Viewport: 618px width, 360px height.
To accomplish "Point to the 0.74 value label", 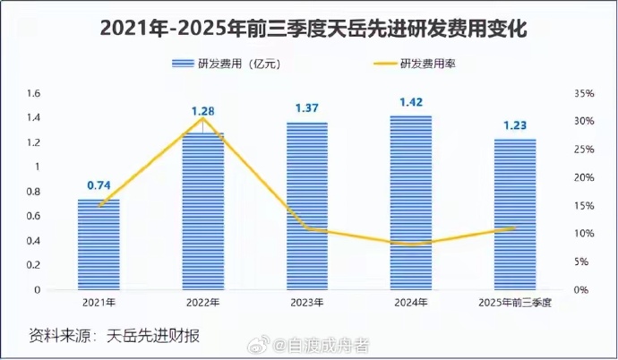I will (x=99, y=185).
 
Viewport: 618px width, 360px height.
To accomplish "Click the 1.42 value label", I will (x=411, y=102).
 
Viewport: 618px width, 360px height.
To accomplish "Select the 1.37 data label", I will (x=307, y=108).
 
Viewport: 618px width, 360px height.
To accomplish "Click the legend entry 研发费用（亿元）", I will (x=229, y=64).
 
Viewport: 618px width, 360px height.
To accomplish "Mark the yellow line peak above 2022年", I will (x=203, y=118).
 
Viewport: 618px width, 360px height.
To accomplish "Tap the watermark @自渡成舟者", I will (x=326, y=345).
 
